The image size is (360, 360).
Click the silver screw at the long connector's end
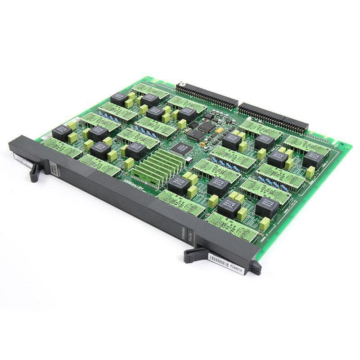click(x=182, y=84)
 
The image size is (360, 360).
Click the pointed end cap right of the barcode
click(x=256, y=269)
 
